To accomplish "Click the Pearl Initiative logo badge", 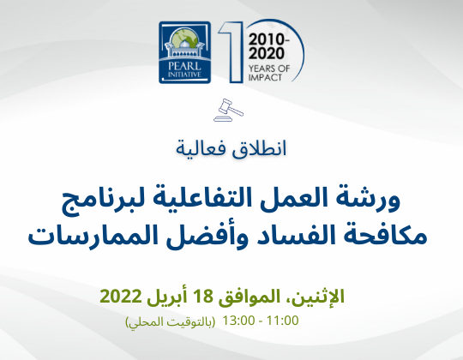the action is (185, 52).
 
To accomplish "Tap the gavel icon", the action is (228, 110).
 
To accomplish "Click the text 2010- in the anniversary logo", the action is (268, 39).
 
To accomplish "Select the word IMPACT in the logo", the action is (265, 78).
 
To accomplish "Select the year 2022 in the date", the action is (121, 297).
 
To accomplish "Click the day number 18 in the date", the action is (202, 297).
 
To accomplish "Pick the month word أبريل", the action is (167, 297).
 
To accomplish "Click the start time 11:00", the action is (283, 321).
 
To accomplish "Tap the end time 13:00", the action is (238, 321).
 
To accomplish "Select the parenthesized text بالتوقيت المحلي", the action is (171, 321).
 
